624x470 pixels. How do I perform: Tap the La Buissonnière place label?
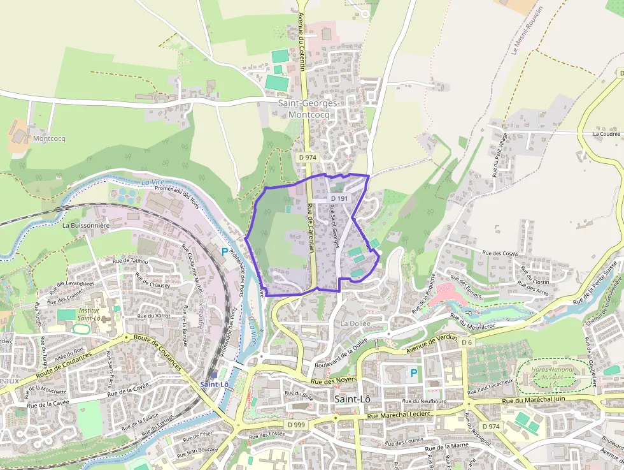[x=86, y=225]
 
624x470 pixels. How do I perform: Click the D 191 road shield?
[x=341, y=199]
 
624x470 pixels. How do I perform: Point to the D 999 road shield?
[x=297, y=424]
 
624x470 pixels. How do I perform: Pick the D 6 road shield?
[x=467, y=343]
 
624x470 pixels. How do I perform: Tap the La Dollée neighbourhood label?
[x=355, y=323]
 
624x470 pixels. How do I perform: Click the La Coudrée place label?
[x=606, y=135]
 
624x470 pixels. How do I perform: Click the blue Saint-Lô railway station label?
[x=214, y=385]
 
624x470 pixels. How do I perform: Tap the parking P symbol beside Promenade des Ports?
[x=224, y=252]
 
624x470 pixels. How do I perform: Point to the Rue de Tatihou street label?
[x=130, y=261]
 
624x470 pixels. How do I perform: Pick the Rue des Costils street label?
[x=500, y=254]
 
